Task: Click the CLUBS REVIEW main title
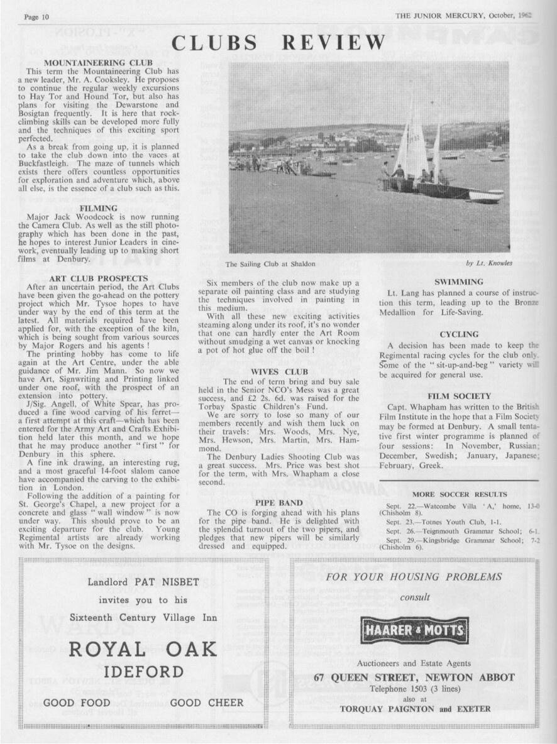(278, 43)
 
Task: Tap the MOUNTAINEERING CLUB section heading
(99, 63)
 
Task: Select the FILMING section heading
(99, 208)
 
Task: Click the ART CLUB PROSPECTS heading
(99, 278)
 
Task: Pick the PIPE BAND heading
(279, 503)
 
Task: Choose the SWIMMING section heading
(458, 282)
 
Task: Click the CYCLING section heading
(458, 334)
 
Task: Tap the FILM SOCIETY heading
(458, 396)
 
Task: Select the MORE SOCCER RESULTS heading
(459, 495)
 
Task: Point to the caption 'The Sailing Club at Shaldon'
(270, 264)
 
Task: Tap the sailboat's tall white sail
(415, 141)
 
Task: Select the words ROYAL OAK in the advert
(143, 649)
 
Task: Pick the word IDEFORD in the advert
(143, 672)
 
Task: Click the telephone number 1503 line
(414, 688)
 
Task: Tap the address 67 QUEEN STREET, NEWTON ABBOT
(414, 677)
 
